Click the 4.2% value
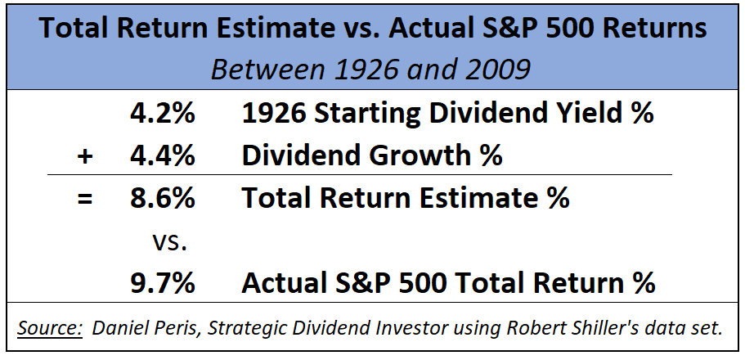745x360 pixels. pos(162,113)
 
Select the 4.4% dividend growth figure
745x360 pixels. pos(162,155)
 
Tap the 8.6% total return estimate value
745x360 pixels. pos(162,198)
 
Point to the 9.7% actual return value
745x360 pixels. pos(162,283)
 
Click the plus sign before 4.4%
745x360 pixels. pos(83,155)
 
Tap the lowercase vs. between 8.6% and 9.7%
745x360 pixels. pos(169,242)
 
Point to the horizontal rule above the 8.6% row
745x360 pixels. pos(360,175)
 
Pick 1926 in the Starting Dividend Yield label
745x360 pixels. pos(274,113)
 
